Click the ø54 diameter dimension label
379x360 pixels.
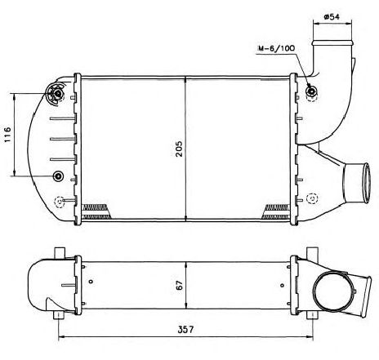click(332, 17)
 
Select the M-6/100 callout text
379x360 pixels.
click(276, 48)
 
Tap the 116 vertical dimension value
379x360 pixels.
click(7, 135)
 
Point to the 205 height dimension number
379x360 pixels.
click(179, 149)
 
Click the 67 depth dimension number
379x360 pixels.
click(180, 285)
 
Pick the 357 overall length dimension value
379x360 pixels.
click(185, 330)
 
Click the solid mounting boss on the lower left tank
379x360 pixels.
click(58, 176)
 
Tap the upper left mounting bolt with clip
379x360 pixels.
click(56, 94)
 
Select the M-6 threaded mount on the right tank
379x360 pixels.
click(311, 91)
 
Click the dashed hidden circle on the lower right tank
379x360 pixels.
click(312, 198)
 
